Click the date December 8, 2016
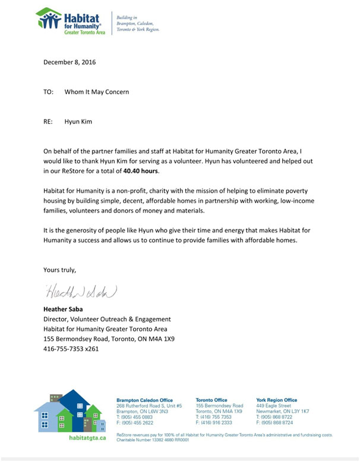coord(69,61)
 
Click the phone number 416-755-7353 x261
coord(71,348)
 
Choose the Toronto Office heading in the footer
coord(211,400)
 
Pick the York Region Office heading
coord(276,400)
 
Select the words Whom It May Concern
coord(96,92)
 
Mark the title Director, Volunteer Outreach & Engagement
coord(107,319)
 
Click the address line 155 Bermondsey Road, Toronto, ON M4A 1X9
coord(109,339)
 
